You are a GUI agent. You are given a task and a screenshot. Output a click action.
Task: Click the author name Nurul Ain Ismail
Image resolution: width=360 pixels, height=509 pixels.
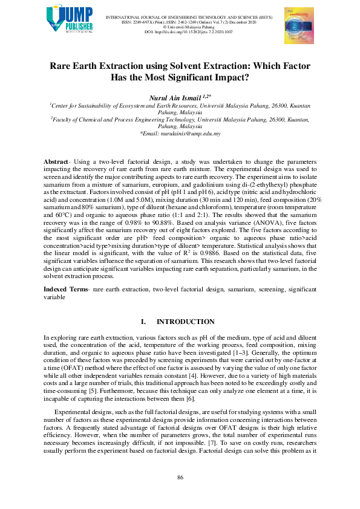coord(177,96)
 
